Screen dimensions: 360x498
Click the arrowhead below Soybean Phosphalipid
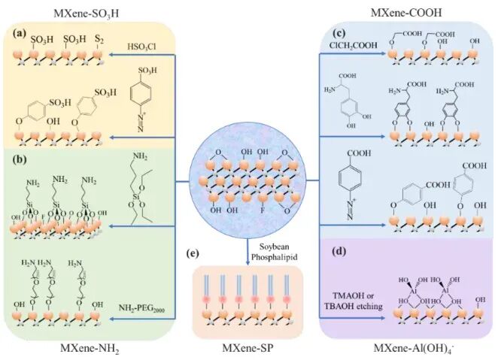point(248,260)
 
